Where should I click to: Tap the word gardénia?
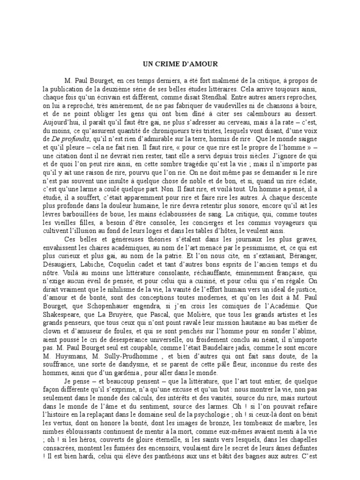[139, 373]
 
